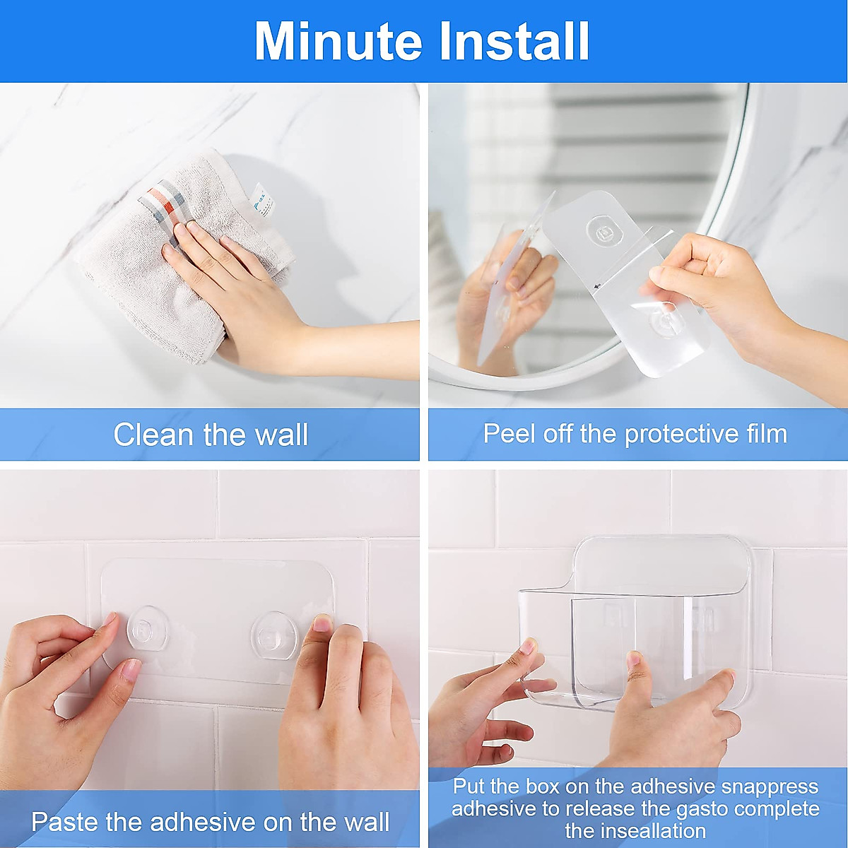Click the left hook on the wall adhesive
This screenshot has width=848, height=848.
[x=148, y=627]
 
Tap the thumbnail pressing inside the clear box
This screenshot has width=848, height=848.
[x=634, y=660]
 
